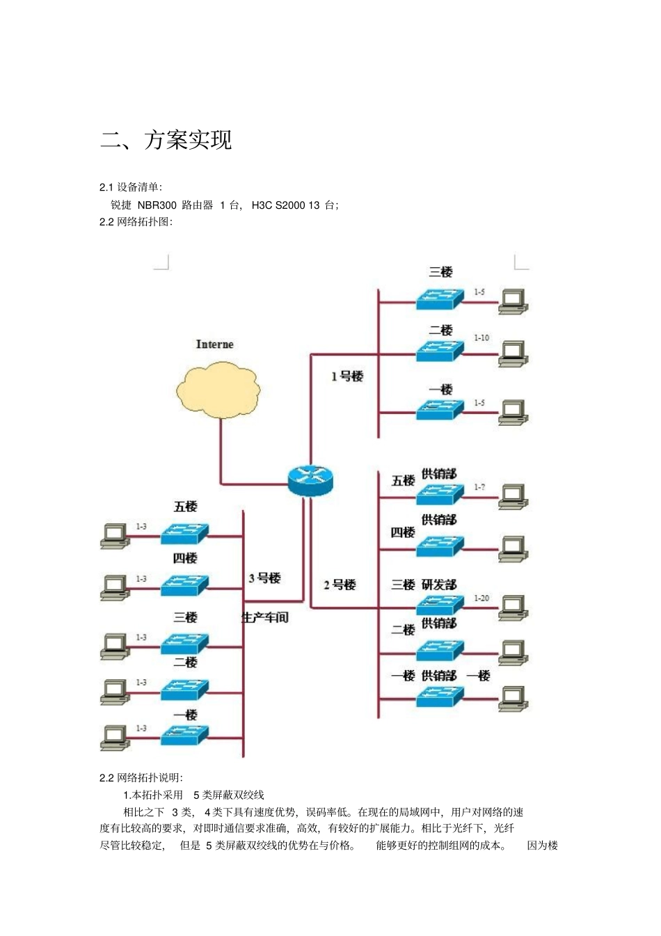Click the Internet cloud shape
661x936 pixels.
tap(216, 388)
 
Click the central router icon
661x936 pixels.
tap(310, 479)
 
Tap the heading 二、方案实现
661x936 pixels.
tap(166, 140)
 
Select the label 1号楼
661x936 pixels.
tap(347, 376)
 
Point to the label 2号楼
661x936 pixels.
tap(340, 585)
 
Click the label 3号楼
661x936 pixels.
tap(264, 578)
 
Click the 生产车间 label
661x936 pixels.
tap(265, 617)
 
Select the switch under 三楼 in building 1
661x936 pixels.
tap(440, 299)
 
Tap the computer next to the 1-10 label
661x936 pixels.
tap(513, 353)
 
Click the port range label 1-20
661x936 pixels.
tap(481, 598)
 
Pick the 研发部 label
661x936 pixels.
tap(439, 585)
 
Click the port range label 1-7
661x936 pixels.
tap(479, 487)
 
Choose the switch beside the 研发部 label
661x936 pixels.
tap(440, 604)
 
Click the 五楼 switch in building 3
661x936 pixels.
tap(184, 534)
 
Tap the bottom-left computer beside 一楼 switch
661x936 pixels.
tap(115, 738)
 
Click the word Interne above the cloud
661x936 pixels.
tap(214, 344)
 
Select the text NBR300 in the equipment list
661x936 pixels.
tap(157, 205)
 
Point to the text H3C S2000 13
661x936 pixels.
tap(285, 205)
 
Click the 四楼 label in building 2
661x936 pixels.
tap(402, 532)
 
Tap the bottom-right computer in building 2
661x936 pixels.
tap(513, 698)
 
